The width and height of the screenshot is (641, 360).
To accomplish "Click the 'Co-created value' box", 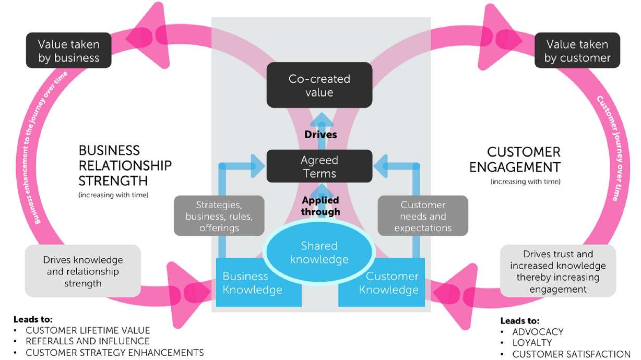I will point(319,86).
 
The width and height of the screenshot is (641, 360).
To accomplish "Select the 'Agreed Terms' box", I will point(319,166).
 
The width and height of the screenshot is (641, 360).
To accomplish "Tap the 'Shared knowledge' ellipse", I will point(319,253).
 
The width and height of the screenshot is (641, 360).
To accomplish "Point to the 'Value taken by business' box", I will point(69,51).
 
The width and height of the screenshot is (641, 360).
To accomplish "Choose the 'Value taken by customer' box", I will point(577,51).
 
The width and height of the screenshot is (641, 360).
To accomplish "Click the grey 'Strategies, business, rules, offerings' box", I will point(219,216).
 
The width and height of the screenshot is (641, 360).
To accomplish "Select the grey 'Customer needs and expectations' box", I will point(423,216).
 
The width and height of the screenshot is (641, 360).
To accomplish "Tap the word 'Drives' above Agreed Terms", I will point(320,135).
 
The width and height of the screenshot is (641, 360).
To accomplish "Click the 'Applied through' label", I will point(320,206).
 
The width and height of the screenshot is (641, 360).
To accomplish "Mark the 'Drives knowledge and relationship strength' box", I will point(83,271).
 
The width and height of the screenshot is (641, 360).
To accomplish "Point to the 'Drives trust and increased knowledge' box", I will point(558,271).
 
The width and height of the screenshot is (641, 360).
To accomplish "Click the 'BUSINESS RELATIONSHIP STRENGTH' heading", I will point(124,165).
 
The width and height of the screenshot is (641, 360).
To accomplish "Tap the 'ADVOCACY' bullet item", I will point(538,332).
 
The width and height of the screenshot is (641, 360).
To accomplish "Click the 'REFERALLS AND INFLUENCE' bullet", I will point(88,341).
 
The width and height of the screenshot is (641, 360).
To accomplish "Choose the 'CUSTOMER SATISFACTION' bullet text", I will point(571,354).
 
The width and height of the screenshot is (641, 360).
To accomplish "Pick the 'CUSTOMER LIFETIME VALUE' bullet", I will point(88,330).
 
